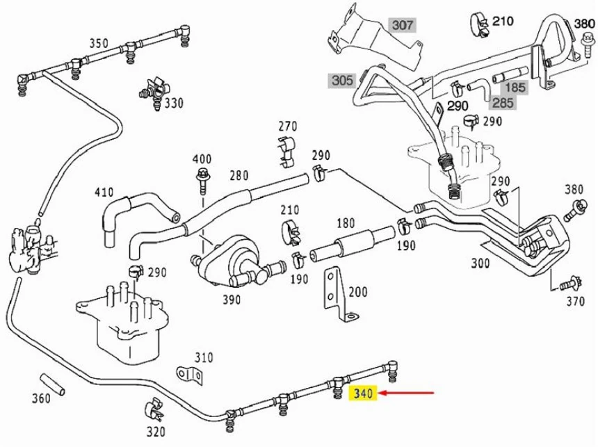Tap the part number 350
coord(99,44)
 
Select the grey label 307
coord(402,26)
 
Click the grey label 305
coord(342,81)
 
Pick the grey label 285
coord(503,103)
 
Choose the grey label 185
coord(515,88)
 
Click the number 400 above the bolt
coord(202,159)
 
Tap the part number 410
coord(104,191)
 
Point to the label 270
coord(288,127)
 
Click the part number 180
coord(345,223)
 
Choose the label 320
coord(156,431)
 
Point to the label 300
coord(480,263)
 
